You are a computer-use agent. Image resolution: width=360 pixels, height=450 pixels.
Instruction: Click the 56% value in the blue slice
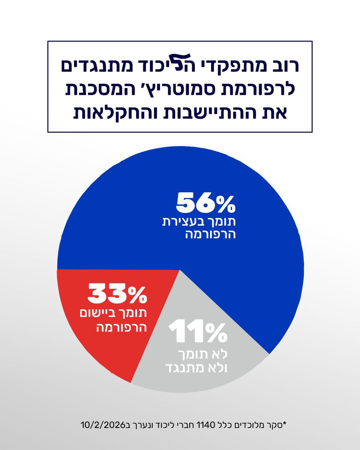[x=206, y=204]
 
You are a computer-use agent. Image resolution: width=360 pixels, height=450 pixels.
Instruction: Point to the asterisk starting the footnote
[x=284, y=424]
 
